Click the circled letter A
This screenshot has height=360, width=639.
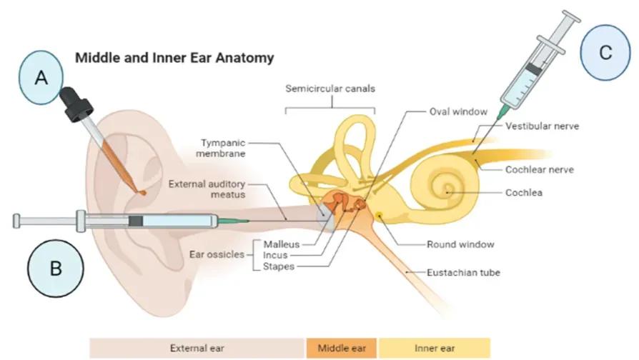coord(42,79)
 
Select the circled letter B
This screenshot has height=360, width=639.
coord(56,269)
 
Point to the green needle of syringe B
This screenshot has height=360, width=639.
coord(233,221)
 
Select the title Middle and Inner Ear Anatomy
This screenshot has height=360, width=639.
coord(174,56)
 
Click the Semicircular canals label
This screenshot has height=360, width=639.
coord(330,89)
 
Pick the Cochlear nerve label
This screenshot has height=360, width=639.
coord(540,170)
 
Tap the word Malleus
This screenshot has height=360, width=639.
coord(281,244)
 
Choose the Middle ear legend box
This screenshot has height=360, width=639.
coord(342,348)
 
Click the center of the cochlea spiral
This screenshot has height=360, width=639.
coord(447,191)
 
